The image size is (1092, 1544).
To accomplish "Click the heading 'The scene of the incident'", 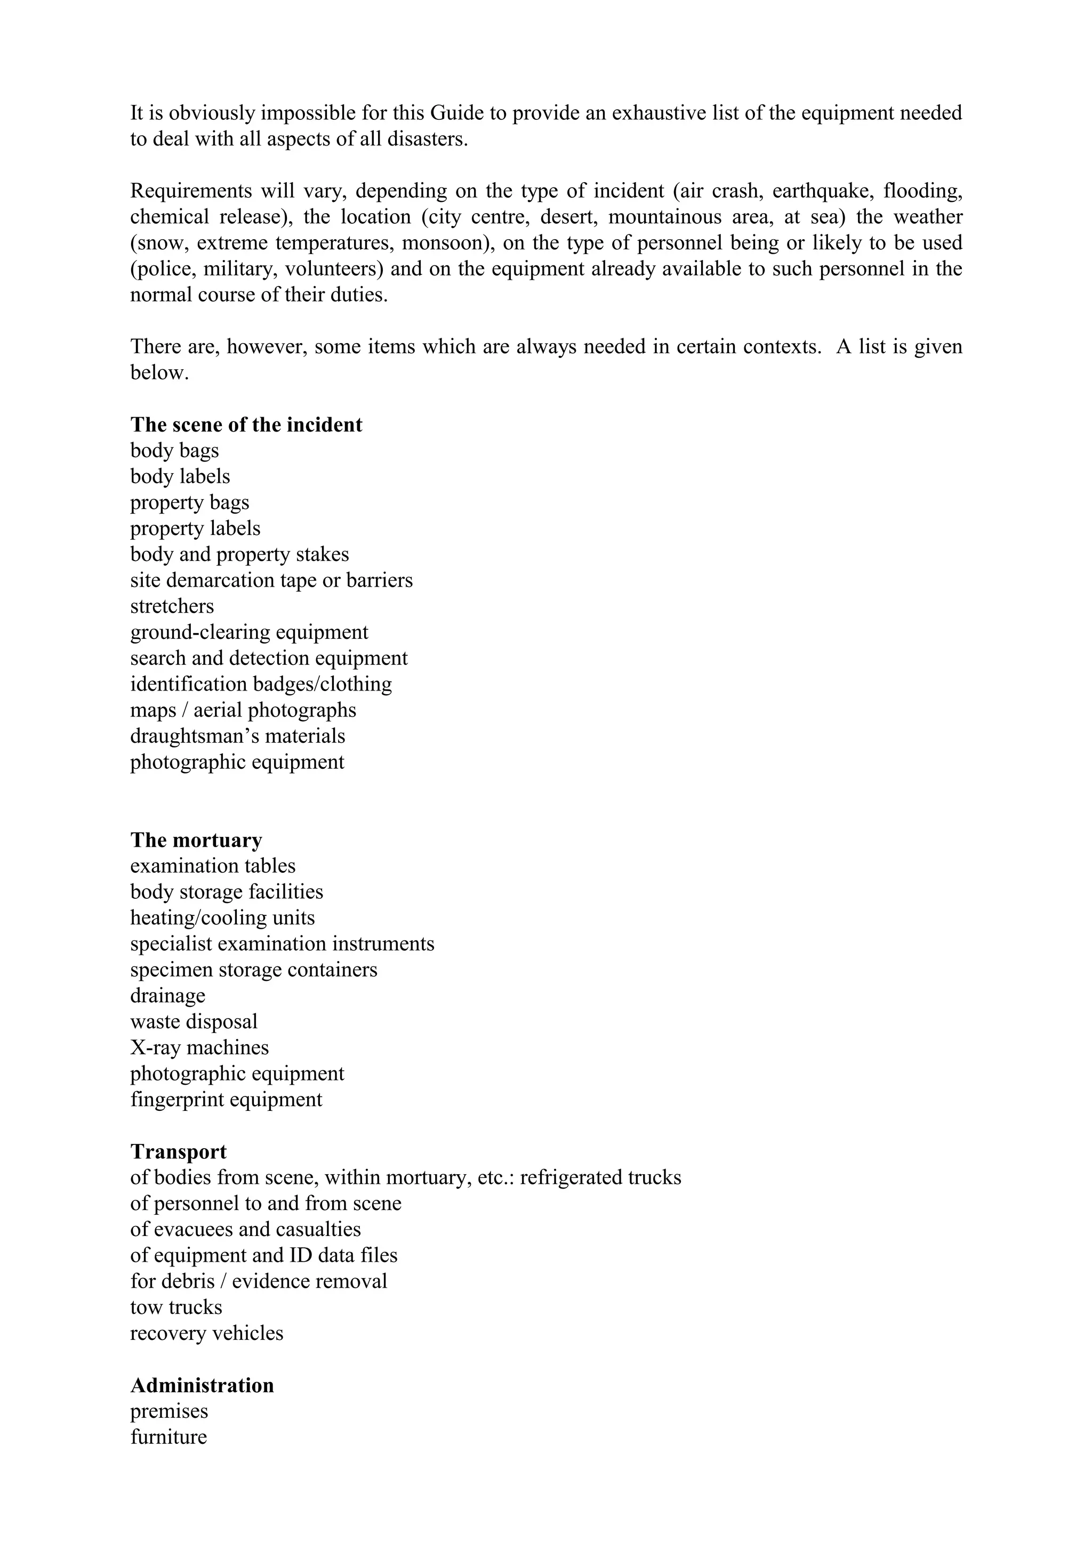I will (246, 425).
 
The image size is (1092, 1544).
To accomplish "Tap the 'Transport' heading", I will (178, 1151).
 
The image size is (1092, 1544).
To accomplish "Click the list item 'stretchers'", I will (172, 606).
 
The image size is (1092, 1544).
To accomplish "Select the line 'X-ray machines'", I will (199, 1047).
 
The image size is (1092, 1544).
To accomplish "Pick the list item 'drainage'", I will (167, 995).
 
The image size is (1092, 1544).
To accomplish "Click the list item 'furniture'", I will (168, 1437).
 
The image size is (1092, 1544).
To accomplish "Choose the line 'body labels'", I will (180, 476).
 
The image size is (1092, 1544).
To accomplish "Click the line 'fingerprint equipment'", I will (226, 1100).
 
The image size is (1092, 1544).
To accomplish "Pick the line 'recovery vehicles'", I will (206, 1333).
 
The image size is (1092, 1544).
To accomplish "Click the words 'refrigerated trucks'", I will (600, 1177).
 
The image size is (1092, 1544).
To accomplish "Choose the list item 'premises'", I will (169, 1411).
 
